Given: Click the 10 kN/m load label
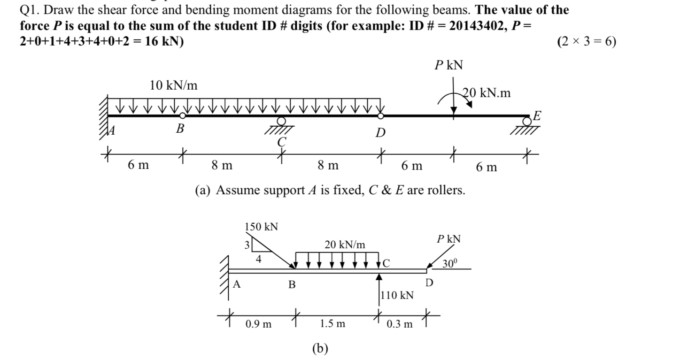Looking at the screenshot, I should (x=173, y=85).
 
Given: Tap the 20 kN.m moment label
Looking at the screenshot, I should (x=487, y=93).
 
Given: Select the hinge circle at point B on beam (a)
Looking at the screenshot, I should (x=183, y=115).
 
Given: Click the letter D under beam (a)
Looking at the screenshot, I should (x=380, y=134).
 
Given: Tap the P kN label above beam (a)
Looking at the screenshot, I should (x=448, y=65).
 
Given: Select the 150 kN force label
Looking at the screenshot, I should (x=262, y=227).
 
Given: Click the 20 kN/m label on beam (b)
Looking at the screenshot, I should (x=345, y=245).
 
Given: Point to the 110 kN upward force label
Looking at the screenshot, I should (x=397, y=295).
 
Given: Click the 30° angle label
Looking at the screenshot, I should (x=449, y=264).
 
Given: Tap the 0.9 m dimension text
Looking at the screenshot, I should (x=258, y=324).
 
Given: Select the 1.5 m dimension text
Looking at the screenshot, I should (x=332, y=324).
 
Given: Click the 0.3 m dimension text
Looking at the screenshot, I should (x=400, y=324).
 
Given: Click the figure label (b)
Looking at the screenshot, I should (x=320, y=348).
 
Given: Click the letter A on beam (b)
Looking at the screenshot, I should (x=237, y=283).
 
